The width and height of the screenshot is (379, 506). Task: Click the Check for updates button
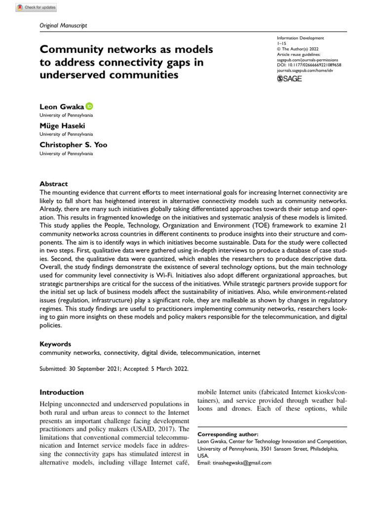click(37, 7)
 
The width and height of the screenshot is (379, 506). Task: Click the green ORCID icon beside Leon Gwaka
click(89, 106)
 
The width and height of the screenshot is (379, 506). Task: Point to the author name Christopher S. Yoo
click(74, 145)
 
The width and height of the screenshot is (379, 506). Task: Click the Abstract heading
click(53, 183)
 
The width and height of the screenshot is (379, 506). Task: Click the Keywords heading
click(55, 344)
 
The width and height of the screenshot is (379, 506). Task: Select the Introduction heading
click(61, 392)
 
